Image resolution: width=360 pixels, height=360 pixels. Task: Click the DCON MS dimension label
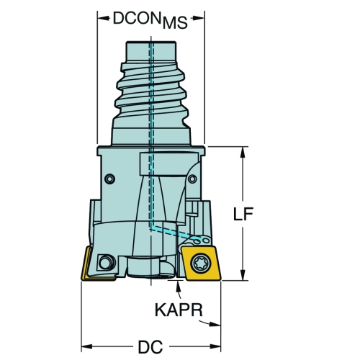(x=150, y=20)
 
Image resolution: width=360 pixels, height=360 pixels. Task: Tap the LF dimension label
(x=243, y=214)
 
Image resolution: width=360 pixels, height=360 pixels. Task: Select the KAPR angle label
(x=179, y=310)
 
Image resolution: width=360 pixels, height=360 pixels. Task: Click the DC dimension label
(x=150, y=346)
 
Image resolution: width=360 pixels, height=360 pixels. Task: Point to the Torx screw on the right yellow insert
(x=201, y=264)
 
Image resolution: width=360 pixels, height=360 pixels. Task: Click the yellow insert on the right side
(x=201, y=263)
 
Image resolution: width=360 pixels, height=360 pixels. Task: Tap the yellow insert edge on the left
(x=86, y=264)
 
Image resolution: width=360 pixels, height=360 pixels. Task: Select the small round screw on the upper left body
(x=110, y=179)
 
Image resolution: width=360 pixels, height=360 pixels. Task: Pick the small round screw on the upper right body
(x=192, y=179)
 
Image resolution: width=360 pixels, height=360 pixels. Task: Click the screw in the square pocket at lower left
(x=106, y=262)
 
